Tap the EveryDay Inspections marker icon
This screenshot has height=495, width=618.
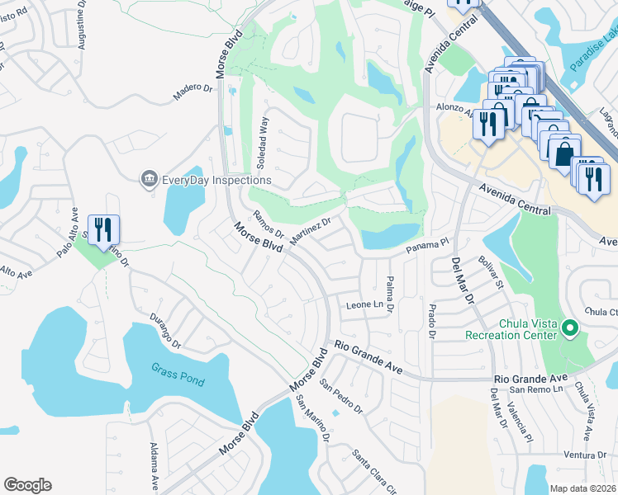click(149, 179)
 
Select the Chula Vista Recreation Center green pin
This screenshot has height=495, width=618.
click(569, 329)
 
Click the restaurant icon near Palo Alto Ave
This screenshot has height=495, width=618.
click(103, 229)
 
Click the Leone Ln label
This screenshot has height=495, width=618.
click(365, 305)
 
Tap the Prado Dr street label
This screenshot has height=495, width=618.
click(431, 321)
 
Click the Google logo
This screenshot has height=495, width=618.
click(28, 485)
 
